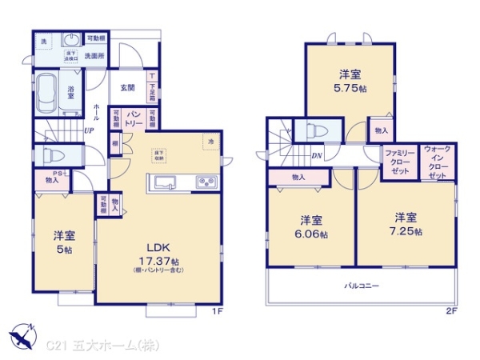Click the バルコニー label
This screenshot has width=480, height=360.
tap(362, 286)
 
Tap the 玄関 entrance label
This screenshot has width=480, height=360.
tap(128, 87)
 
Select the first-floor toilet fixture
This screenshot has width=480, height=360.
tap(49, 154)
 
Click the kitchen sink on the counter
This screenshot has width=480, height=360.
tap(166, 182)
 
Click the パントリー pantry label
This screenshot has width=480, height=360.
tap(134, 120)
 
